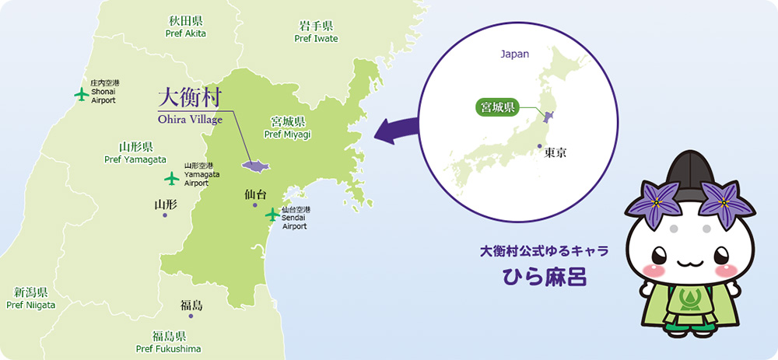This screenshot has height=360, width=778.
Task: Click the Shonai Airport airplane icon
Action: pyautogui.click(x=81, y=94)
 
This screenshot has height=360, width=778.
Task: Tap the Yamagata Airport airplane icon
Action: pyautogui.click(x=173, y=178)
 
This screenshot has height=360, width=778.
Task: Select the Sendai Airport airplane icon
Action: pyautogui.click(x=272, y=214)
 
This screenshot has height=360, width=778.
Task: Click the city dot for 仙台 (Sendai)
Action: pyautogui.click(x=255, y=205)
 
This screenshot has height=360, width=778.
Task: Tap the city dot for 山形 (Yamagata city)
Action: pyautogui.click(x=165, y=215)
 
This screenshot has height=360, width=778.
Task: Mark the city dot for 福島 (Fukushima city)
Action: pyautogui.click(x=191, y=316)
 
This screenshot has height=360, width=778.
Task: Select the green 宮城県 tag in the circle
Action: pyautogui.click(x=497, y=107)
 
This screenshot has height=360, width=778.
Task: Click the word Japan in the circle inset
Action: pyautogui.click(x=514, y=54)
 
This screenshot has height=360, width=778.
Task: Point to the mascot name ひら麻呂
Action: pyautogui.click(x=544, y=278)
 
